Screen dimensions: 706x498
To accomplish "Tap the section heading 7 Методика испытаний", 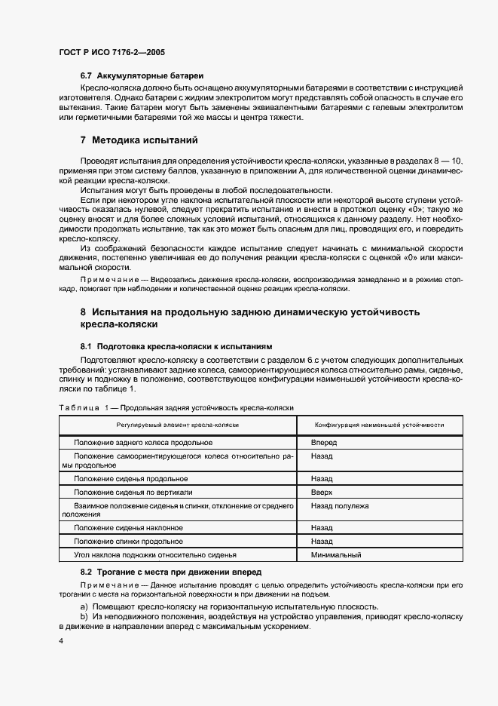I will tap(139, 140).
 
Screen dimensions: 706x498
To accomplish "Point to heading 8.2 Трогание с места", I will tap(171, 572).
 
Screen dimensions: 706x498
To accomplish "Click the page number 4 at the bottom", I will tap(61, 640).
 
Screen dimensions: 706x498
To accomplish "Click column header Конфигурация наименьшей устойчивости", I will tap(379, 425).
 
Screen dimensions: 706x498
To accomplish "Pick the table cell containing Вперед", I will tap(324, 443).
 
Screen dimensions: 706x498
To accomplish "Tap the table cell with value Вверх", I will tap(322, 492).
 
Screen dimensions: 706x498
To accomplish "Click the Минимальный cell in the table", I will tap(336, 555).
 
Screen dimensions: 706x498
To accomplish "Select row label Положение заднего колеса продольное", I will tap(143, 443).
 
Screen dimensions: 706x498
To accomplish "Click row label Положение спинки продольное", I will tap(128, 542).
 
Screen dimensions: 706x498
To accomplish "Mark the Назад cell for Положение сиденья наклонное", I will tap(322, 528).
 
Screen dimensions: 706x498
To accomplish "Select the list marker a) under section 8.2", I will tap(84, 606).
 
